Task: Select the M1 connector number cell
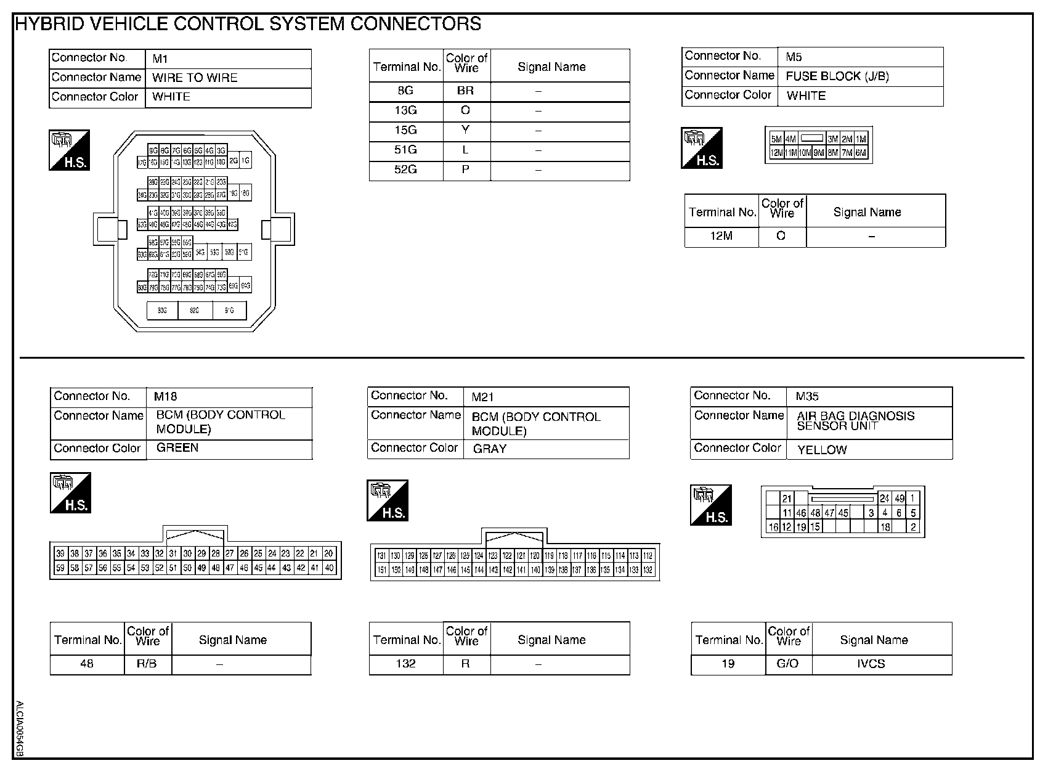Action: pos(160,59)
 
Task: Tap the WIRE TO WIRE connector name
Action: pos(195,78)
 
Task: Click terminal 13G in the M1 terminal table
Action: pos(405,111)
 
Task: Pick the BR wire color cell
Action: pos(466,91)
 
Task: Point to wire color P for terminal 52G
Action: pos(466,169)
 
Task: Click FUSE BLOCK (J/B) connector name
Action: pos(837,76)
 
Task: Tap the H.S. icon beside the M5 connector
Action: pos(702,148)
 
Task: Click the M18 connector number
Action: pos(166,397)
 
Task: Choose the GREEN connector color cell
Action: pos(177,448)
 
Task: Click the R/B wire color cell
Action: pos(147,664)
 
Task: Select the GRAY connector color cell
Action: pos(490,449)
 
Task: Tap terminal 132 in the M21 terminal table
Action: pos(405,664)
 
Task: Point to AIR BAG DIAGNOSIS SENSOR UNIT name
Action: pos(855,420)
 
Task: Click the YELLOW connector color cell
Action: pos(822,450)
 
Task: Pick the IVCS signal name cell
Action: pos(871,664)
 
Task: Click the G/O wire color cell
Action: pos(788,664)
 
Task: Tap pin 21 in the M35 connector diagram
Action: pos(787,499)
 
